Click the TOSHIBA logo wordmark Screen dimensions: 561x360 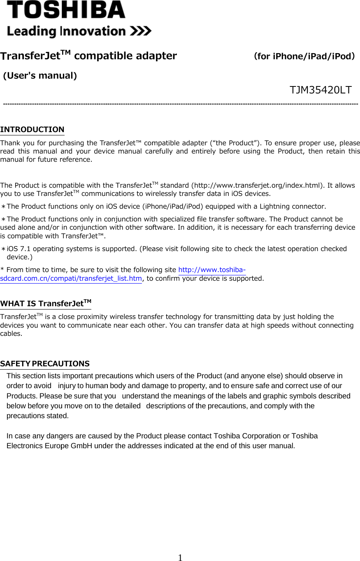[x=66, y=10]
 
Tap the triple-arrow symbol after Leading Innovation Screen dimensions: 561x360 [x=141, y=31]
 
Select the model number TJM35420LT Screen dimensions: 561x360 [x=320, y=90]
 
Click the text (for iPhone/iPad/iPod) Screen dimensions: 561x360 [x=304, y=56]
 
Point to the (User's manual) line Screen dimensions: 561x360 [x=40, y=76]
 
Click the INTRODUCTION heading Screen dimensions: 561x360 [x=32, y=130]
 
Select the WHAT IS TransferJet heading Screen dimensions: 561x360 [x=46, y=304]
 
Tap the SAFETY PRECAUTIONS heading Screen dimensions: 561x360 [x=45, y=363]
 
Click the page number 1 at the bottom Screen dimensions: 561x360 [x=180, y=558]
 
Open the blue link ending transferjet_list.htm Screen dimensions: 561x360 [x=71, y=279]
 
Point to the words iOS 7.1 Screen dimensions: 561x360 [x=18, y=249]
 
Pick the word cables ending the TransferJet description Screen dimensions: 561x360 [x=11, y=334]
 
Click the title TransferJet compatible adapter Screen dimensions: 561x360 [x=88, y=56]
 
